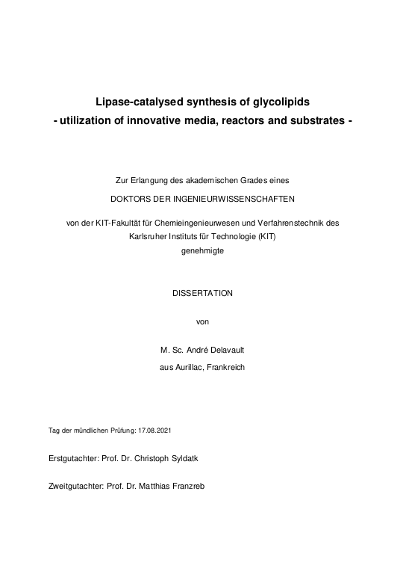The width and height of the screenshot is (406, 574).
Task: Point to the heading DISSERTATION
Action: point(202,293)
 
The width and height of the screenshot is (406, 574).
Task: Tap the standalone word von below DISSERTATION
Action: point(202,321)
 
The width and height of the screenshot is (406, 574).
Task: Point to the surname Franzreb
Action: point(187,486)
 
